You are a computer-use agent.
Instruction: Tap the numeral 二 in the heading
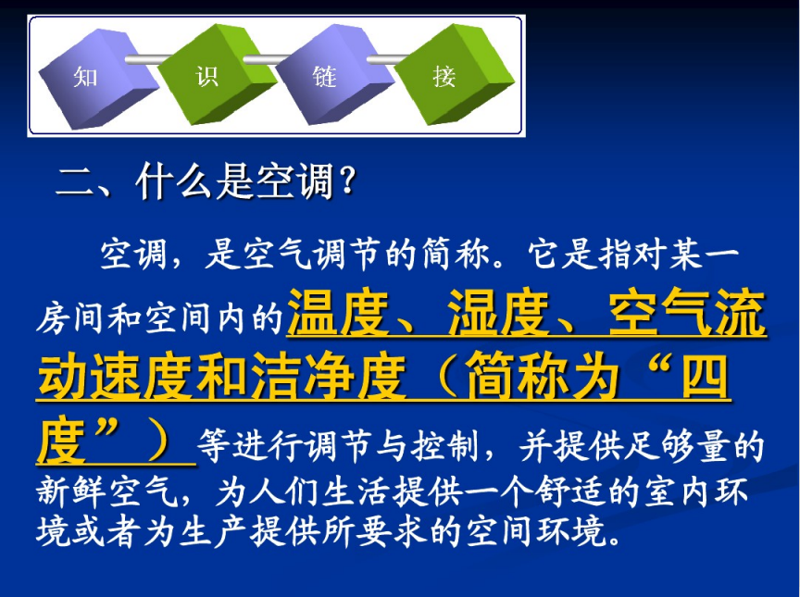(x=75, y=181)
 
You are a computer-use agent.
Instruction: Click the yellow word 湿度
(x=498, y=312)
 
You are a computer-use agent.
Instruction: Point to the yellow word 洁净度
(x=328, y=377)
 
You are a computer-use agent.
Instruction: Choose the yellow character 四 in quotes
(x=706, y=377)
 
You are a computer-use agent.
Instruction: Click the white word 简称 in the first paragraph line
(x=456, y=255)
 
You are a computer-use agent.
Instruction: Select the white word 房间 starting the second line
(x=69, y=318)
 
